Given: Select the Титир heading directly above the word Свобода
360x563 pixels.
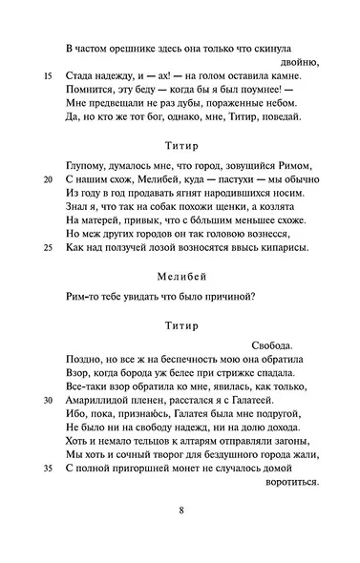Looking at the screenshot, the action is point(180,326).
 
